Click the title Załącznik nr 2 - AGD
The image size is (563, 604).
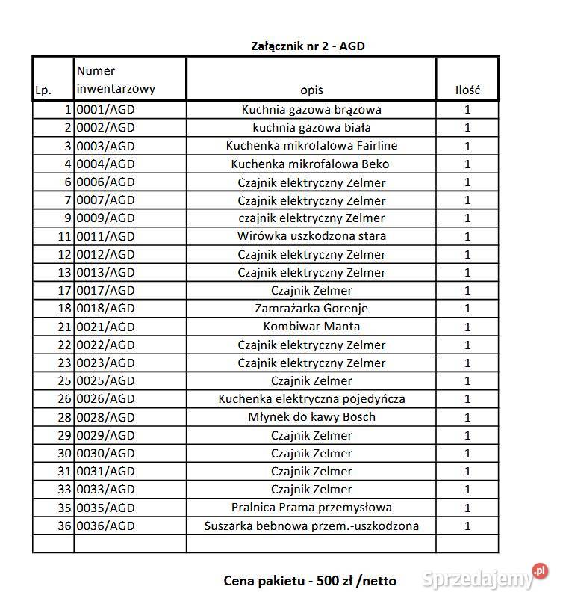coord(308,46)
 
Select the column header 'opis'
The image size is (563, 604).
coord(311,90)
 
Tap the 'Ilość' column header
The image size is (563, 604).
coord(467,90)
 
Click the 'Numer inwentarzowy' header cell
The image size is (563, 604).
coord(116,80)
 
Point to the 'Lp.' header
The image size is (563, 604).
coord(43,91)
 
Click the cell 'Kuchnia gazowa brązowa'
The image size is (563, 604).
coord(311,110)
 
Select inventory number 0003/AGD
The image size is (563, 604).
coord(106,146)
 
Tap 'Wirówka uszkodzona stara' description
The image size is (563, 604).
coord(311,236)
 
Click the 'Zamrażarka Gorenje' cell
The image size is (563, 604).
coord(311,308)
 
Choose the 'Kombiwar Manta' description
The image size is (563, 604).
coord(311,327)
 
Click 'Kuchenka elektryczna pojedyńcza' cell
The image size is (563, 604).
coord(311,399)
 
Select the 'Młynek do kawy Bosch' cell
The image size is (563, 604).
coord(311,417)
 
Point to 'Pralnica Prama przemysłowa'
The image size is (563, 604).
coord(311,508)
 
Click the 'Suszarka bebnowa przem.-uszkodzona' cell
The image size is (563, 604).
coord(311,526)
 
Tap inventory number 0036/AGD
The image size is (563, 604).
coord(106,526)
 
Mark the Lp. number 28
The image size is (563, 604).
coord(64,417)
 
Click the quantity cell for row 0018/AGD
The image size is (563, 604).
coord(467,308)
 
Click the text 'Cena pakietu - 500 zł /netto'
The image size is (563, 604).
coord(310,580)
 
